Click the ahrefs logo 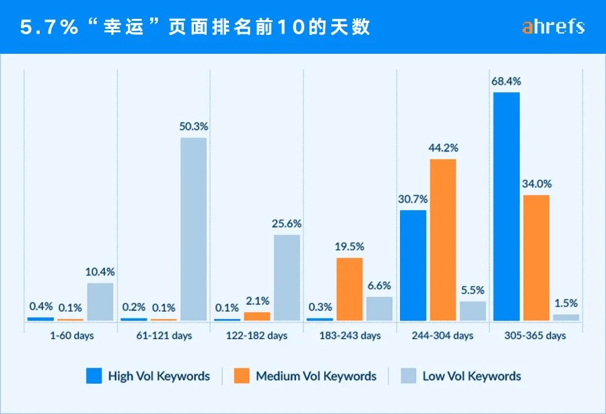click(x=553, y=27)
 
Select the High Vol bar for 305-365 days click(x=506, y=206)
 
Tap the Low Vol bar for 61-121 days click(x=193, y=229)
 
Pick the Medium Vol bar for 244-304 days click(x=442, y=239)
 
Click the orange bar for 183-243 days click(x=349, y=289)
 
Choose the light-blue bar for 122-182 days click(x=287, y=277)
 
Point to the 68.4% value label click(x=506, y=81)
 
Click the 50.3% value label click(x=193, y=126)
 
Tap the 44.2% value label click(x=442, y=147)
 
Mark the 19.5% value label click(x=349, y=246)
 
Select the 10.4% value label click(x=100, y=272)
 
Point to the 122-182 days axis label click(x=257, y=335)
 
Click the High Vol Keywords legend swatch click(x=93, y=376)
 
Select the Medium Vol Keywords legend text click(x=316, y=376)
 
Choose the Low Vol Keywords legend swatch click(x=408, y=376)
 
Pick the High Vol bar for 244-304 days click(x=413, y=265)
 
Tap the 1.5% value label click(x=566, y=302)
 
